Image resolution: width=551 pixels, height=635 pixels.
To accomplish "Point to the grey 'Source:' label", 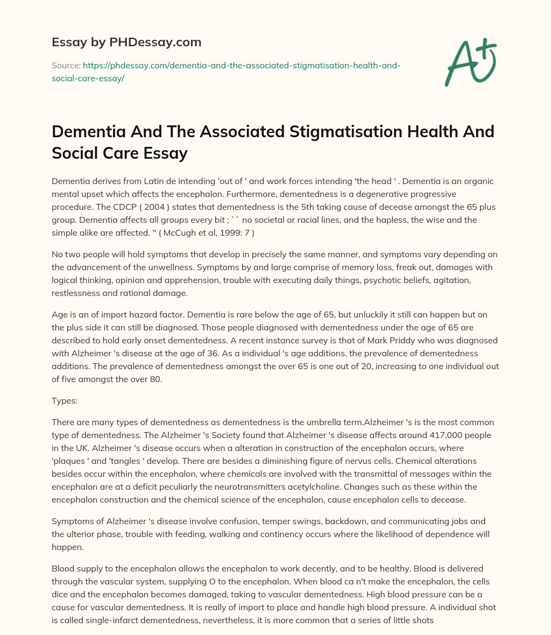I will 65,65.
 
